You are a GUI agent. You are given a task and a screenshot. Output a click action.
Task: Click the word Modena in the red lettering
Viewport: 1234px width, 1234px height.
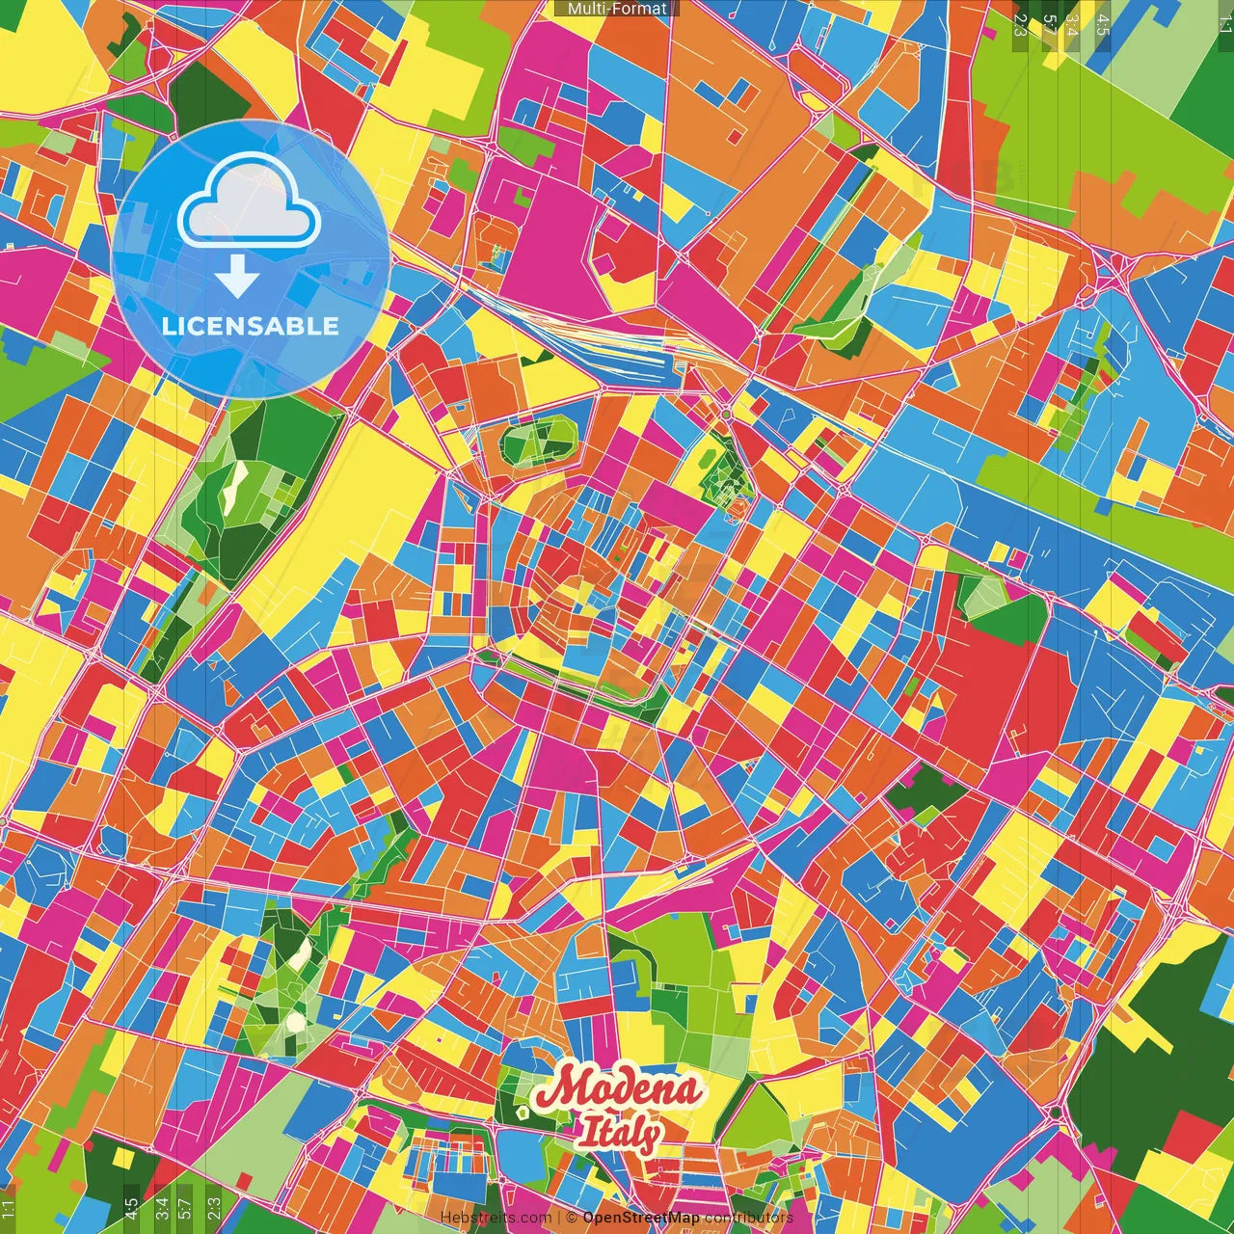tap(619, 1089)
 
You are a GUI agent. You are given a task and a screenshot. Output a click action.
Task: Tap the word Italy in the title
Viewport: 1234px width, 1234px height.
tap(619, 1132)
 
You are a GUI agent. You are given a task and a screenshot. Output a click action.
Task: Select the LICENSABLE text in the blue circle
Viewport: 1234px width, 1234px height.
tap(251, 326)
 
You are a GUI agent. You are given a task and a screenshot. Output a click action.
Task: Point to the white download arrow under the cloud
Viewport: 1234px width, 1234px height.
tap(237, 278)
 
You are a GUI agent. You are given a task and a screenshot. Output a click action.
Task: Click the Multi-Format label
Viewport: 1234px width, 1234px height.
tap(617, 9)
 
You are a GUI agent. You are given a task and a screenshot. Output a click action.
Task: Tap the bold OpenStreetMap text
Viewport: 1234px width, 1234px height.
tap(640, 1218)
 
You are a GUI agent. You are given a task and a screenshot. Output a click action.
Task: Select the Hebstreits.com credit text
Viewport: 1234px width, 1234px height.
tap(496, 1218)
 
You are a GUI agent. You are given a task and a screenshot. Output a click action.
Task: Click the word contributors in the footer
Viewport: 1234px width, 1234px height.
tap(748, 1218)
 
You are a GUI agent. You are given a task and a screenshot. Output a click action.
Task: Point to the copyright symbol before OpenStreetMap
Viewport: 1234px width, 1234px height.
tap(572, 1218)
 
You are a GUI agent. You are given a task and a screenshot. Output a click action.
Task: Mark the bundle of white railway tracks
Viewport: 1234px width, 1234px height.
tap(588, 337)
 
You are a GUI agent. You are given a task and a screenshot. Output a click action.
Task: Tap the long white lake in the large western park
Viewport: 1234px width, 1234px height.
tap(234, 487)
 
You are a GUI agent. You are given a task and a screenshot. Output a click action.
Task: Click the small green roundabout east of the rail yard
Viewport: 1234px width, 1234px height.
tap(725, 415)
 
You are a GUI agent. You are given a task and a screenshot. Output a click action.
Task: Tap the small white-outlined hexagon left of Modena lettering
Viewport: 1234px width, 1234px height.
tap(522, 1112)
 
